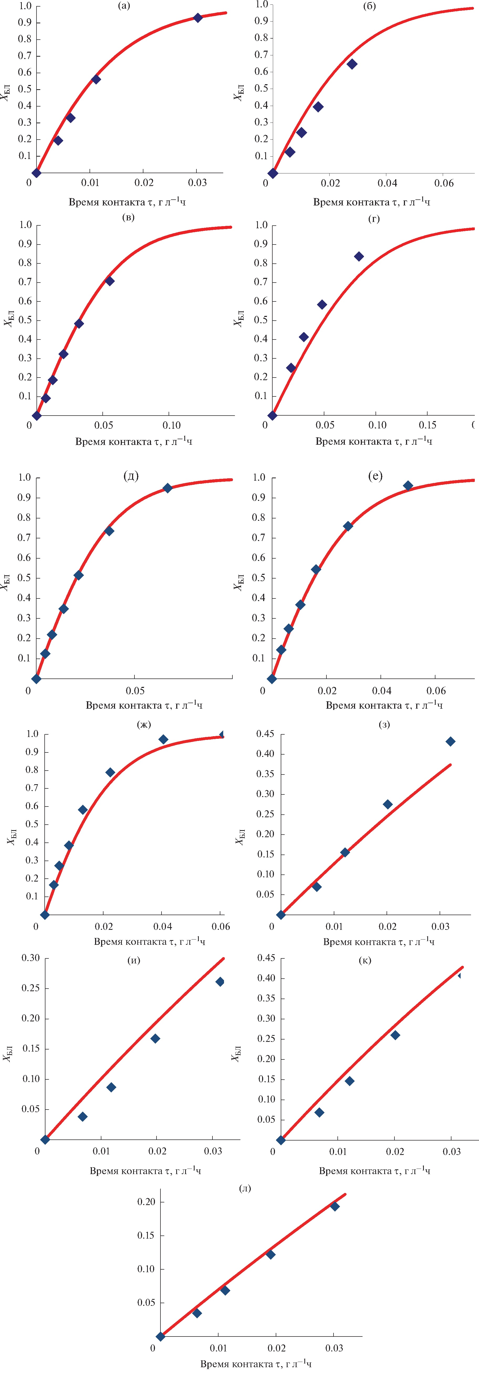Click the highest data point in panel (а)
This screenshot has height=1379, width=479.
click(x=198, y=18)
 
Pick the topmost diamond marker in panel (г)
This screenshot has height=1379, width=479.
click(x=359, y=256)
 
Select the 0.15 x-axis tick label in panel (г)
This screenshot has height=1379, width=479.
click(x=428, y=425)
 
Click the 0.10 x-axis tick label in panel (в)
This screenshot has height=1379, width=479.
click(x=171, y=425)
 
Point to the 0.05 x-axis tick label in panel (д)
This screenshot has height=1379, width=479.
click(x=135, y=691)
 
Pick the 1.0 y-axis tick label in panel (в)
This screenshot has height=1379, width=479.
click(x=25, y=225)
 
